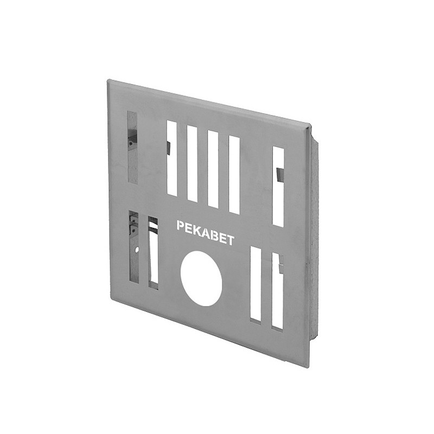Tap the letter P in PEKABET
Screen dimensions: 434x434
click(x=180, y=225)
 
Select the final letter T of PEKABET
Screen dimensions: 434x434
click(x=230, y=240)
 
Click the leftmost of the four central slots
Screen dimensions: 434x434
click(x=172, y=158)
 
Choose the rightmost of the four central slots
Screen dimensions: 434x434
click(x=234, y=175)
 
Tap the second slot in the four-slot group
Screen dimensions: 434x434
click(x=193, y=164)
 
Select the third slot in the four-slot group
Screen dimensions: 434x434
click(x=213, y=169)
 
